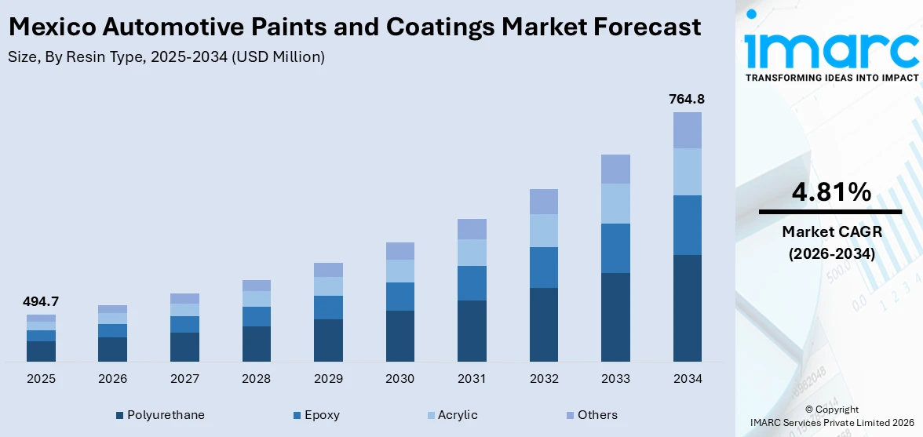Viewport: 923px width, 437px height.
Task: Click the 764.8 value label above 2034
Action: (x=687, y=99)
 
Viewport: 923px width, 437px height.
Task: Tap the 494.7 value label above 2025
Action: (x=41, y=301)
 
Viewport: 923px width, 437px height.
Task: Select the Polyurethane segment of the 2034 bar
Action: (x=687, y=308)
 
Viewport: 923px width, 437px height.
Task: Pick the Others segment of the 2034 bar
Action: (x=687, y=130)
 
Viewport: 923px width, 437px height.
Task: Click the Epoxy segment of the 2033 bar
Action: (x=615, y=248)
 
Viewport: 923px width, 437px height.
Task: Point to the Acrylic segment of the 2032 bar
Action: (x=543, y=231)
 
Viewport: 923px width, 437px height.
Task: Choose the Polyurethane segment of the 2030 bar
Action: (x=399, y=336)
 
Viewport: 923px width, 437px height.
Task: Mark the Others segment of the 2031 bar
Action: (x=472, y=229)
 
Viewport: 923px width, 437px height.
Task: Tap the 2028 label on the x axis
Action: (x=256, y=379)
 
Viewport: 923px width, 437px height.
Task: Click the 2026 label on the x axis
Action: (x=112, y=379)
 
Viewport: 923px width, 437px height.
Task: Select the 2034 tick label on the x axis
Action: (x=687, y=379)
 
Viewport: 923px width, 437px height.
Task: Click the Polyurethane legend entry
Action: (x=160, y=415)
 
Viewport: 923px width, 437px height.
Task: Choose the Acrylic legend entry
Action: (x=451, y=415)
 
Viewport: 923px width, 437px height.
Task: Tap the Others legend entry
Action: (x=591, y=415)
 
